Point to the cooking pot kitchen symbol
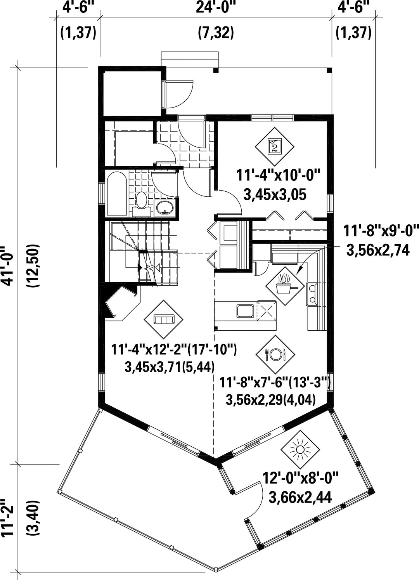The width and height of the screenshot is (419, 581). (285, 286)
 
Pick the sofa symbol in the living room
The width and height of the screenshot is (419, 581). (163, 319)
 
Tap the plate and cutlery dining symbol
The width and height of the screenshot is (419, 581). (275, 354)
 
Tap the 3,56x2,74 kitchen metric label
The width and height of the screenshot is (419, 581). (378, 250)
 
